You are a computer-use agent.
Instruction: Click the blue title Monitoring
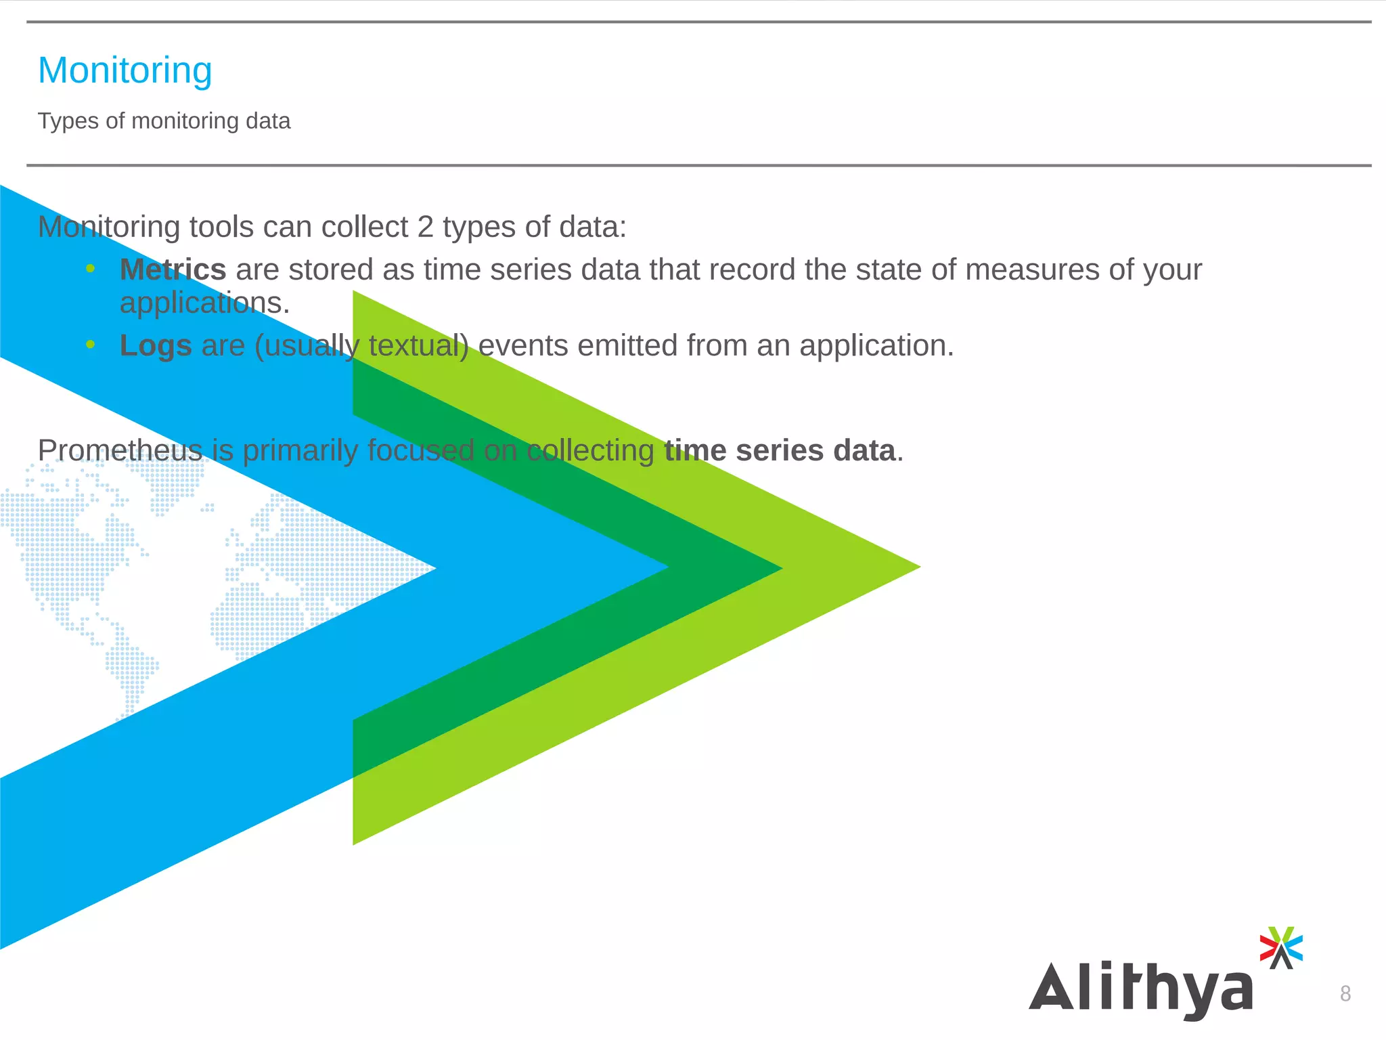tap(125, 70)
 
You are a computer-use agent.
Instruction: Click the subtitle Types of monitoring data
tap(164, 121)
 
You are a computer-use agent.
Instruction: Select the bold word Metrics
tap(173, 270)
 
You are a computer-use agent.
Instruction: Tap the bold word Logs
tap(156, 346)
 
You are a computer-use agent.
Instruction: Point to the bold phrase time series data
tap(780, 451)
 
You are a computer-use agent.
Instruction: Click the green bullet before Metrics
tap(91, 269)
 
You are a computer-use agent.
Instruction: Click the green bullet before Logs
tap(91, 345)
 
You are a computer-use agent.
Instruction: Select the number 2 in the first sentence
tap(425, 227)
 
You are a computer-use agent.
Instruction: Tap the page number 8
tap(1345, 993)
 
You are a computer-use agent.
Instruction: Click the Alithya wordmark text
tap(1141, 988)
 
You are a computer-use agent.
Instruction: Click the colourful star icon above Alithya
tap(1280, 947)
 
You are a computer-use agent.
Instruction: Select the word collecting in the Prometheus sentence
tap(590, 451)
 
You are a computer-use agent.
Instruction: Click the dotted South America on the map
tap(129, 667)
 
